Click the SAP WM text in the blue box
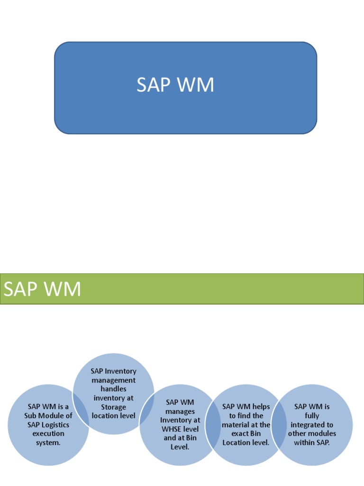pyautogui.click(x=175, y=85)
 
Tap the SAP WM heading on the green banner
pyautogui.click(x=42, y=289)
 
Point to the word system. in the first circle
pyautogui.click(x=48, y=442)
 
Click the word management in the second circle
pyautogui.click(x=114, y=380)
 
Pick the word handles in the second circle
pyautogui.click(x=114, y=389)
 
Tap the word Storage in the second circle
pyautogui.click(x=114, y=407)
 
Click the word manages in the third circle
pyautogui.click(x=180, y=411)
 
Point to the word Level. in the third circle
pyautogui.click(x=180, y=447)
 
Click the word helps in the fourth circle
pyautogui.click(x=260, y=407)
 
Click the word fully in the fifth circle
pyautogui.click(x=312, y=416)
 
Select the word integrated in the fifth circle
pyautogui.click(x=312, y=425)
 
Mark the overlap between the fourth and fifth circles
pyautogui.click(x=280, y=425)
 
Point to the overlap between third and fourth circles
pyautogui.click(x=213, y=425)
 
